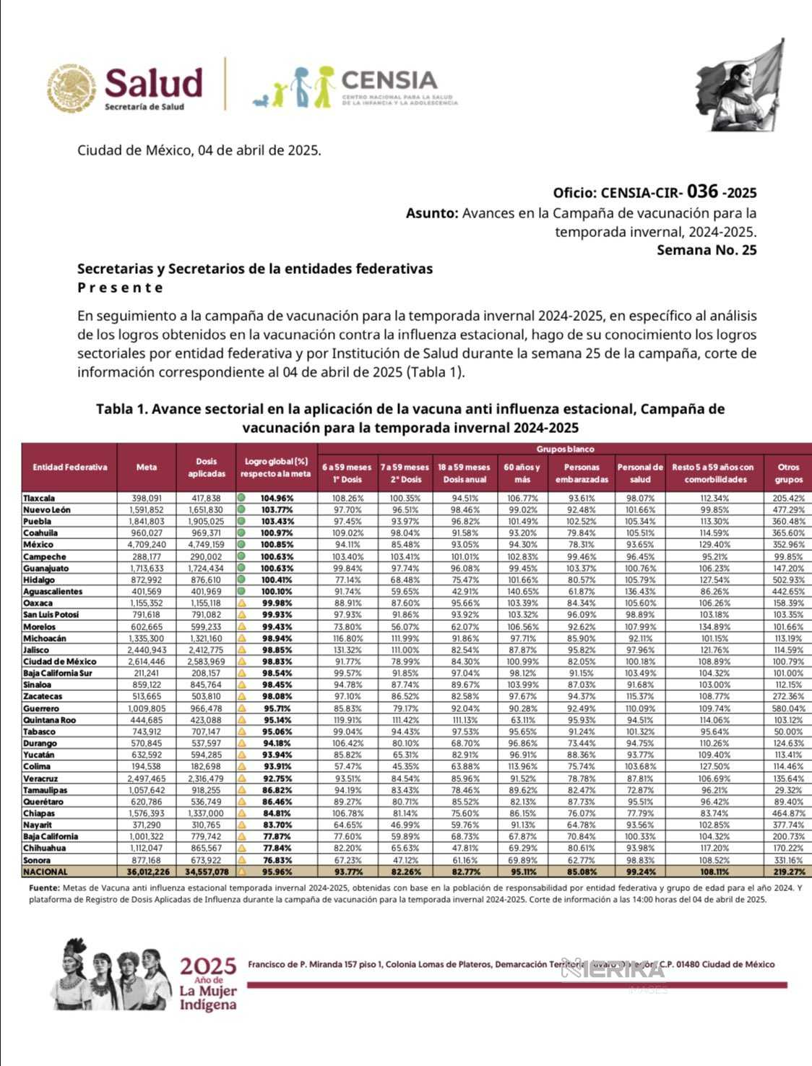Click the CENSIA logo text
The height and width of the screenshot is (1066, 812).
[389, 79]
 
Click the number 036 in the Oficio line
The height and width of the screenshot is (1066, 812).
[702, 192]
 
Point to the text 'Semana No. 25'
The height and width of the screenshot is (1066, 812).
[707, 250]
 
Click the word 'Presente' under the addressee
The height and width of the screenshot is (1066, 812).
[120, 288]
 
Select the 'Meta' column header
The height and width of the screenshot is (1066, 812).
[147, 467]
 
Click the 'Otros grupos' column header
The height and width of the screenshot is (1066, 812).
[788, 473]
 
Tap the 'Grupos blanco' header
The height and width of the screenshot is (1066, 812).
[565, 449]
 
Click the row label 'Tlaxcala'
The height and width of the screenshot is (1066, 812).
[39, 498]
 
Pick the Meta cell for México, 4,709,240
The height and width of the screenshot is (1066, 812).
[147, 544]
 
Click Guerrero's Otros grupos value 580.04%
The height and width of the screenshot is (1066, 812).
[787, 708]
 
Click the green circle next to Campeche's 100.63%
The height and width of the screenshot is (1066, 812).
[241, 556]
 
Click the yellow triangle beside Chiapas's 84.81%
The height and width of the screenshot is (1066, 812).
[241, 813]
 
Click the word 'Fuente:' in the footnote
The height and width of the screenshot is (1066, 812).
[44, 887]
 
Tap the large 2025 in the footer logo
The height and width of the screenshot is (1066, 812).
[208, 966]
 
